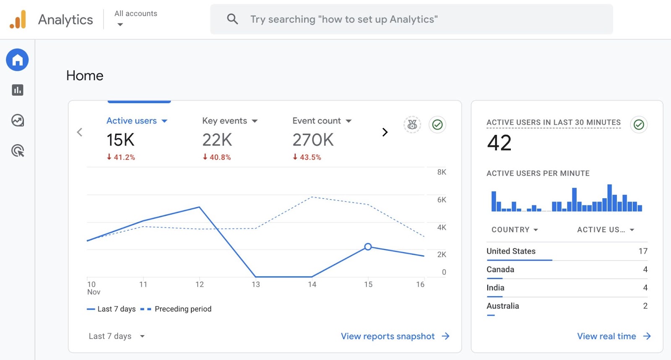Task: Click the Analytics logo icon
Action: pos(18,20)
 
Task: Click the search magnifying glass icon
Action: pos(232,19)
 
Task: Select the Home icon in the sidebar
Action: pos(17,60)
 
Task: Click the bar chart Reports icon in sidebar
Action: pos(17,90)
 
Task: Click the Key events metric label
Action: pos(225,121)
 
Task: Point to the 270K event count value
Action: pos(313,140)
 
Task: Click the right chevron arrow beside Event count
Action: pos(385,132)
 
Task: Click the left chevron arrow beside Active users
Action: pos(80,132)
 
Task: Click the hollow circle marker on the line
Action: pos(368,247)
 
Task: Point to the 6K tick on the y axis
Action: pos(441,200)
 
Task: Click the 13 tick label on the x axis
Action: pos(256,285)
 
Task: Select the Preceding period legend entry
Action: pos(182,309)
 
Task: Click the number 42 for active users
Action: pos(499,143)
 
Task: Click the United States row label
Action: pos(511,251)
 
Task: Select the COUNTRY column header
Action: pos(514,230)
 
